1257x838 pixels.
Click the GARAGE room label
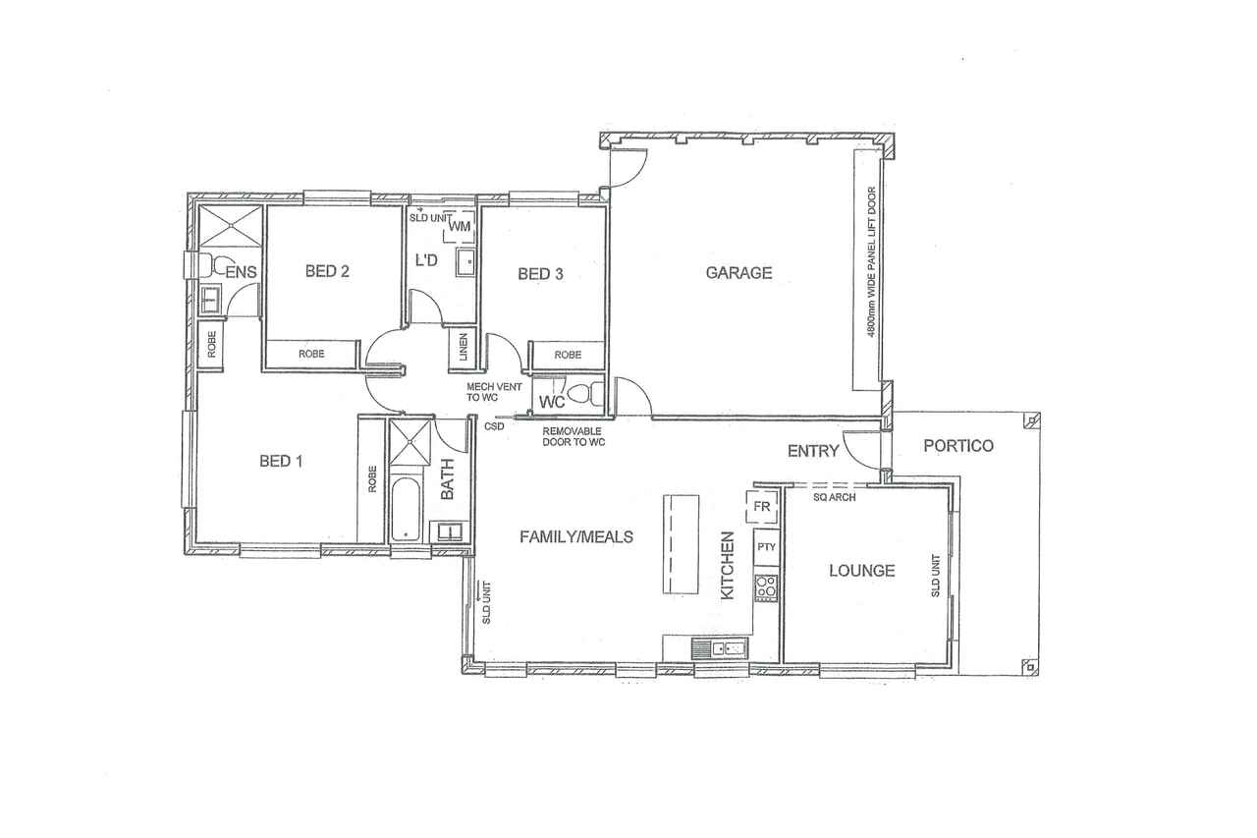point(738,273)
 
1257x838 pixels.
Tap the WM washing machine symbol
point(460,226)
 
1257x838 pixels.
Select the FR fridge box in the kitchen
point(761,506)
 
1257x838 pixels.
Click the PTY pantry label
point(766,546)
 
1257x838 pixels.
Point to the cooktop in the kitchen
point(766,587)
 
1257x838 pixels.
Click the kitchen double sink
point(720,649)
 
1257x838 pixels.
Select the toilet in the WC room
point(586,394)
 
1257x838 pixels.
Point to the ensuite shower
point(231,226)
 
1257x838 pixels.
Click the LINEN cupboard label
point(464,348)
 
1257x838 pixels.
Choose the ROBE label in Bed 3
point(568,355)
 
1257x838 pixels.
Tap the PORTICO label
point(958,446)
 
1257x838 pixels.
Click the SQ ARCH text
point(835,497)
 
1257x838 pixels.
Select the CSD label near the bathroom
point(494,426)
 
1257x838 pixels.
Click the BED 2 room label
point(327,272)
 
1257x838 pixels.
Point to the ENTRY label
point(813,451)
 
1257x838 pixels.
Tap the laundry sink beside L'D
point(465,262)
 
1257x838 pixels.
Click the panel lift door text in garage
point(871,262)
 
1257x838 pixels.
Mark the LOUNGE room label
point(862,571)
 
